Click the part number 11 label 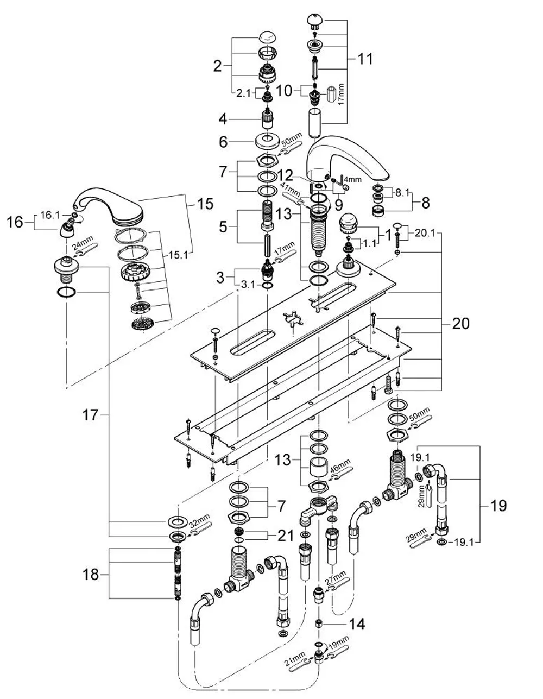[365, 59]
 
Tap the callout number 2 [218, 67]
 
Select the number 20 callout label [460, 324]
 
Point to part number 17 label [90, 415]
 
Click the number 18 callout [90, 574]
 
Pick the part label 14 [357, 625]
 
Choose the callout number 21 [286, 536]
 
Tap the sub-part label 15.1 [178, 255]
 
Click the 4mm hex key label [353, 179]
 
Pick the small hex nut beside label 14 [319, 624]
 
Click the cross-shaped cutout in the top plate [293, 319]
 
